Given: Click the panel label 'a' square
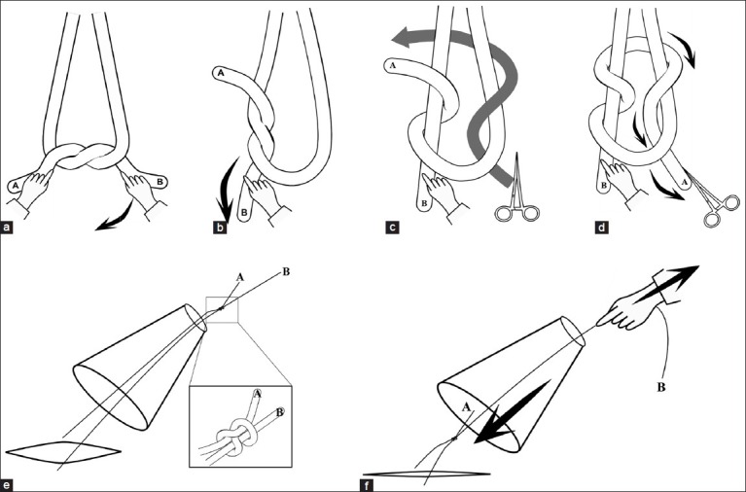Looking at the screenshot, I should (8, 230).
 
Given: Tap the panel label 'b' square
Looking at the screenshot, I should (220, 230).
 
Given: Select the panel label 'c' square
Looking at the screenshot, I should (391, 230).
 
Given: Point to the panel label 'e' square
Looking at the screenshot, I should (8, 483).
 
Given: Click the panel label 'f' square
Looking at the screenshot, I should (366, 483).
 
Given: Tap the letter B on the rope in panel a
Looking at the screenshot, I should (160, 179).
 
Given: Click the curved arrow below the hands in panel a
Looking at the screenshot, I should (121, 219).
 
